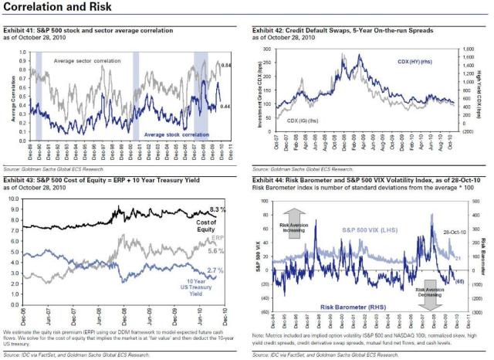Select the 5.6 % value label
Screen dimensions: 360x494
(x=217, y=252)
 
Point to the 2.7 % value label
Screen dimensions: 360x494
(x=217, y=270)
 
